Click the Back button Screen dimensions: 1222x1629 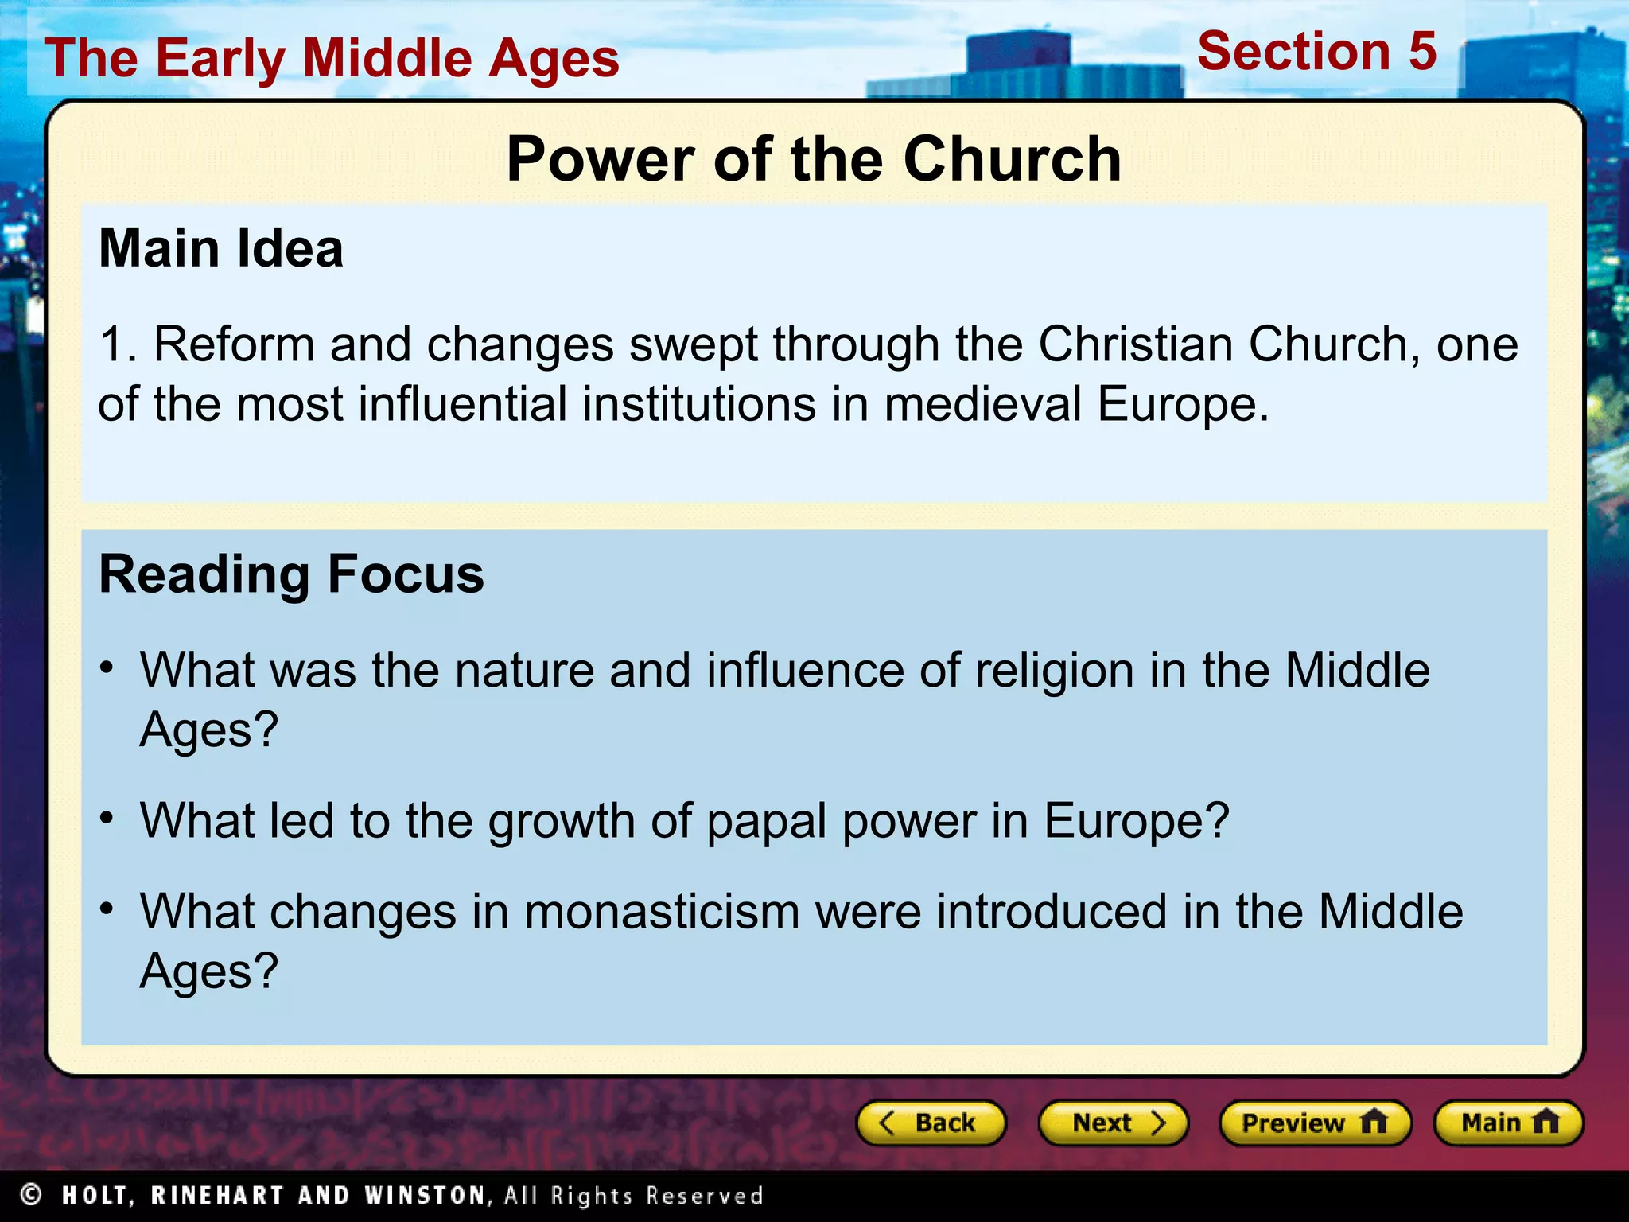[x=930, y=1123]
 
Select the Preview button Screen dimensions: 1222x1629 [x=1314, y=1123]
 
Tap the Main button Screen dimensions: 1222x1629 [x=1507, y=1123]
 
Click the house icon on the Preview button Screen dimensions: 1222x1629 [x=1374, y=1122]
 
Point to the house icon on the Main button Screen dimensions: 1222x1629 [x=1545, y=1122]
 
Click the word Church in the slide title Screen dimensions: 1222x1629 [x=1012, y=159]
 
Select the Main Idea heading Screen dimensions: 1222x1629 [x=221, y=248]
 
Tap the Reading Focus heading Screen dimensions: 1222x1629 [x=291, y=574]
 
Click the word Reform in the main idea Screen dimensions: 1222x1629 [x=234, y=344]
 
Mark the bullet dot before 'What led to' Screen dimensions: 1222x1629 [x=107, y=818]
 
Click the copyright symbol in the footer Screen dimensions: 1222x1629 [x=31, y=1195]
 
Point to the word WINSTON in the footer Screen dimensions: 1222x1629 [x=425, y=1195]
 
